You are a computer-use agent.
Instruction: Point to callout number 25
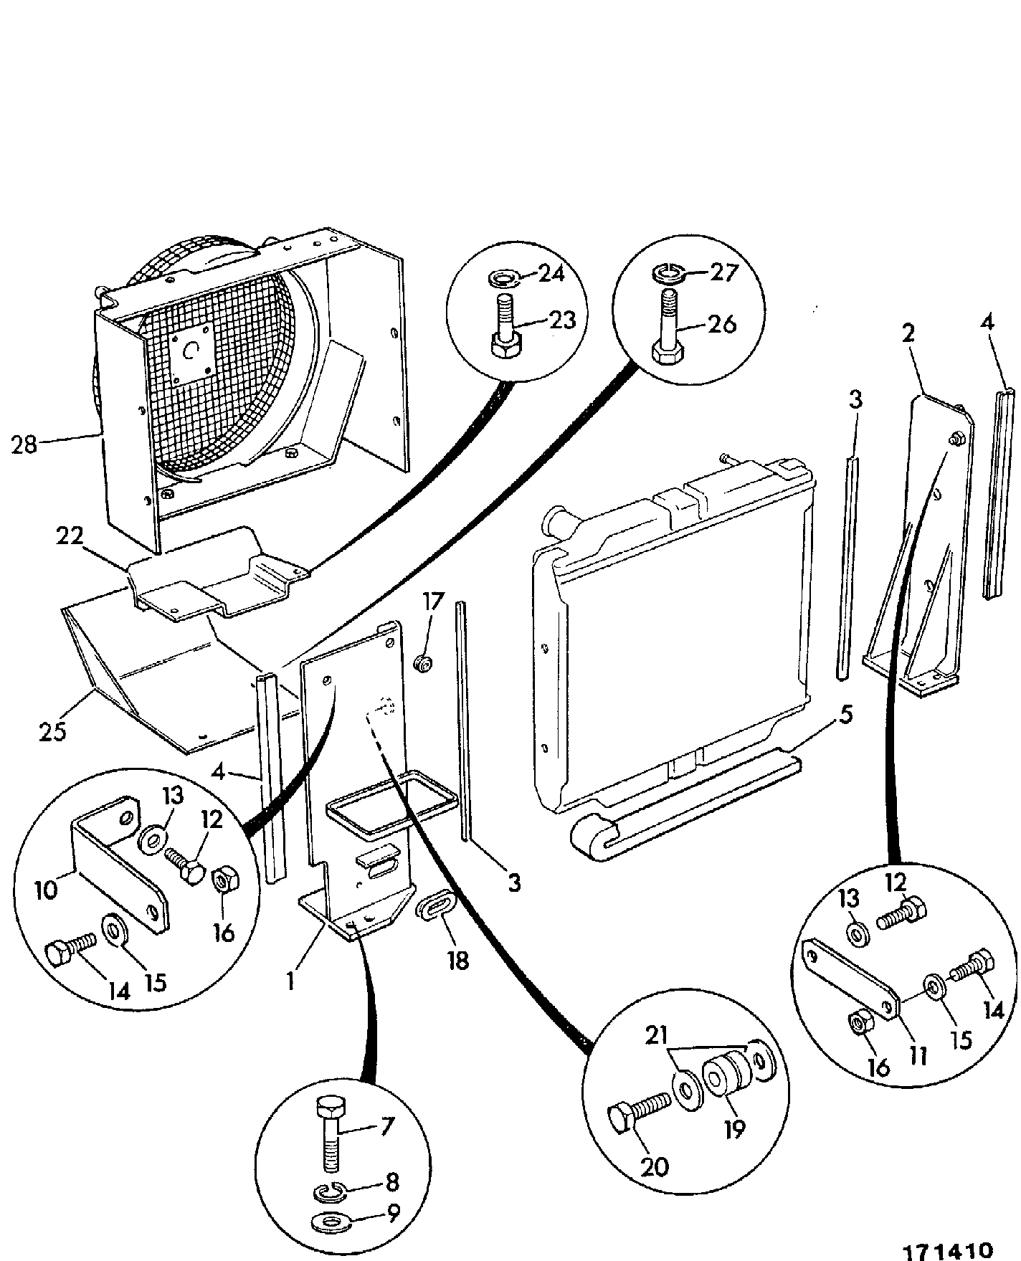(x=52, y=732)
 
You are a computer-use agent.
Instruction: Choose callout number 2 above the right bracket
(x=908, y=334)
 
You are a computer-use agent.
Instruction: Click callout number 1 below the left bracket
(x=291, y=981)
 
